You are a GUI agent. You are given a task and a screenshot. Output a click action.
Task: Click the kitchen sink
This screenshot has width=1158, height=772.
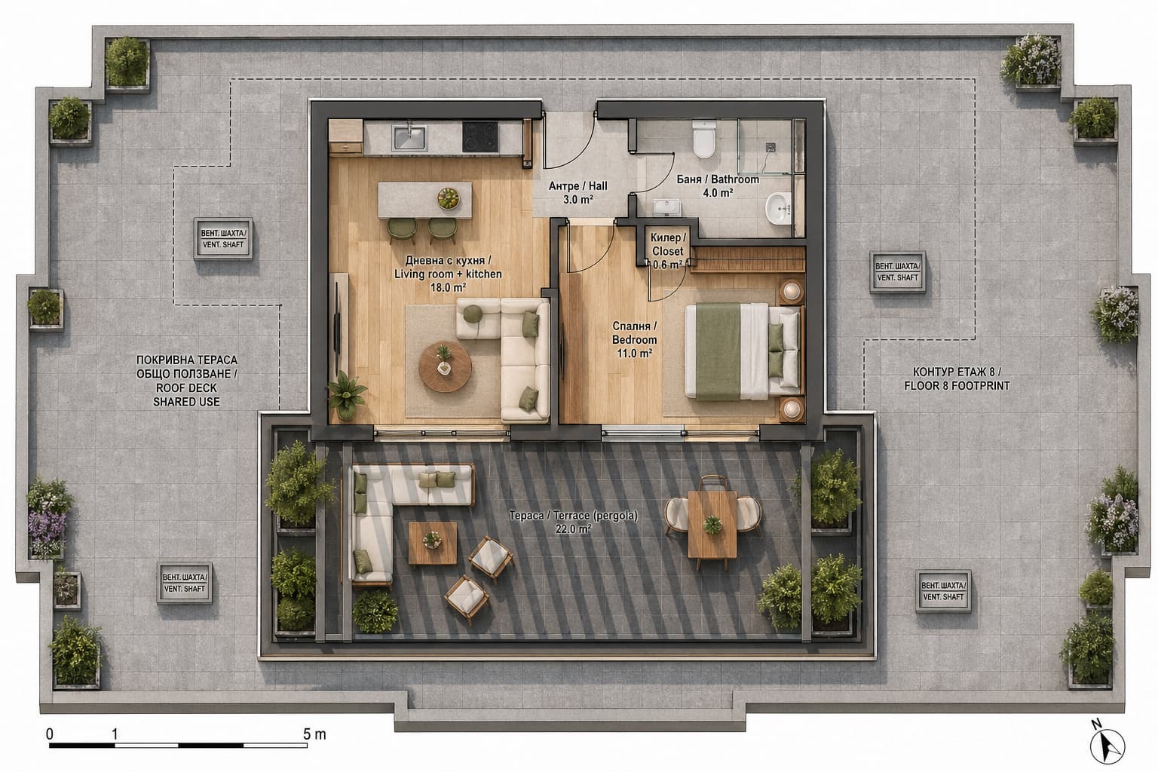tap(409, 137)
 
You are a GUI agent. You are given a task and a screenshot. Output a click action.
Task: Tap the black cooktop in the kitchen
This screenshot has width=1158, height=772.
tap(479, 136)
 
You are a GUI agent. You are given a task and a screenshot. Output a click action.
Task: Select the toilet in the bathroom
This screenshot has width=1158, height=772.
tap(703, 139)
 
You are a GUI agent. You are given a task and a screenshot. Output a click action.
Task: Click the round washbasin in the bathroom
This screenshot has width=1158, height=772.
tap(779, 208)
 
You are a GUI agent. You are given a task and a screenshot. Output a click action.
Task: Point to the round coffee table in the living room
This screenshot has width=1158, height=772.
tap(445, 366)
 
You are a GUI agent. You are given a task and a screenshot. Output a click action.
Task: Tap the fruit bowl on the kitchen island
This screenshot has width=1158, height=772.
tap(449, 198)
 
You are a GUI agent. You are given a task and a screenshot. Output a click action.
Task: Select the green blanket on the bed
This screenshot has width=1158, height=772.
tap(718, 351)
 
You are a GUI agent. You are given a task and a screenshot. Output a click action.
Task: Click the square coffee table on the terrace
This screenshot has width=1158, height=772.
tap(433, 543)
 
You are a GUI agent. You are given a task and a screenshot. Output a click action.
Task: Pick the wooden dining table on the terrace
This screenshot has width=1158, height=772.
tap(712, 523)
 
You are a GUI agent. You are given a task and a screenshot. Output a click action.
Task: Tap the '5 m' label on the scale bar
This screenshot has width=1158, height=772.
tap(315, 734)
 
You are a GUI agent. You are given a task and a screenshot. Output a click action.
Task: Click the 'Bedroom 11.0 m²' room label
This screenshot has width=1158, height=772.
tap(634, 340)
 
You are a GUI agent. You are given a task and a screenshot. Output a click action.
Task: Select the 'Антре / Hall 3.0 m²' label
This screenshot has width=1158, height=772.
tap(578, 192)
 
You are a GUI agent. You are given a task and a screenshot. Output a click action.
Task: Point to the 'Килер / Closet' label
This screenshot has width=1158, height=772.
tap(668, 244)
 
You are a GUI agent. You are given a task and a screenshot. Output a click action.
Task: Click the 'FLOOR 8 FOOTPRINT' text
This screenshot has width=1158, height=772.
tap(957, 386)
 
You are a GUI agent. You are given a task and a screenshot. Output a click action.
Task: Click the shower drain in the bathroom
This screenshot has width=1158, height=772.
tap(770, 147)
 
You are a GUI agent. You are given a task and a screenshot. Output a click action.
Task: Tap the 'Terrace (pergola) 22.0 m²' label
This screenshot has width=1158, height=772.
tap(573, 522)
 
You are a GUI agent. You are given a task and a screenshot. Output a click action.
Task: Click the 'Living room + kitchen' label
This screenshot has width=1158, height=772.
tap(448, 274)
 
